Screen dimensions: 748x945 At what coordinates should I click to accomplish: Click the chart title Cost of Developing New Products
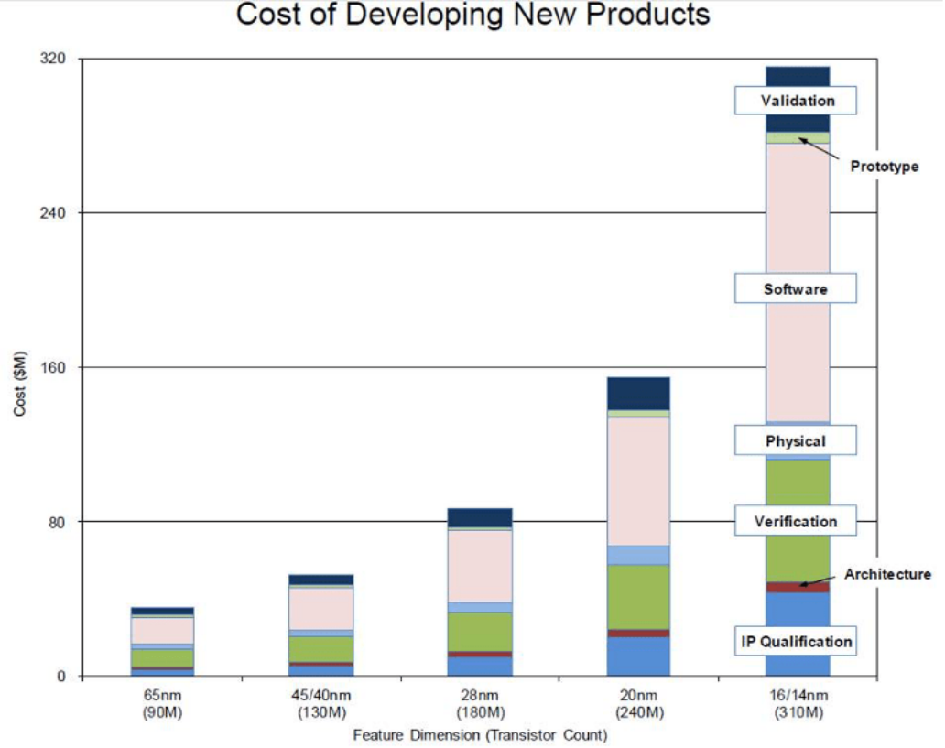tap(472, 16)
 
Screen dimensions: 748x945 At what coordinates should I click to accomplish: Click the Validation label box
tap(797, 100)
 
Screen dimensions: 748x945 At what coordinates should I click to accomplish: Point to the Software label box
tap(796, 288)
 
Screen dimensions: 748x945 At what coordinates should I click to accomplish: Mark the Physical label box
tap(796, 440)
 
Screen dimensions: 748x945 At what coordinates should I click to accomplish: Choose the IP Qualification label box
tap(796, 641)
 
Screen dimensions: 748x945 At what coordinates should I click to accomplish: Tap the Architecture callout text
tap(887, 574)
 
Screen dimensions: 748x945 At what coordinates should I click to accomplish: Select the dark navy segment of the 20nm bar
tap(638, 393)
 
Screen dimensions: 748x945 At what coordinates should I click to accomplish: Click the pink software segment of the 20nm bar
tap(638, 481)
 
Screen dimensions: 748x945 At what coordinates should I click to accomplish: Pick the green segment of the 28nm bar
tap(480, 631)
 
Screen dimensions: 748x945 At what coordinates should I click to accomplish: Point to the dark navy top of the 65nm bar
tap(162, 611)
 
